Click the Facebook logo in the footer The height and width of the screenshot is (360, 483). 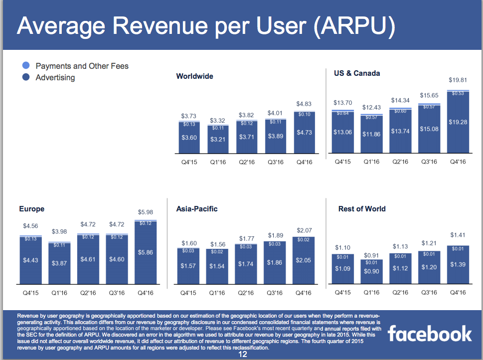pos(429,334)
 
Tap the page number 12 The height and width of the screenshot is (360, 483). pos(243,354)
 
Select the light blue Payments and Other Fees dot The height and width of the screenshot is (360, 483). pos(26,65)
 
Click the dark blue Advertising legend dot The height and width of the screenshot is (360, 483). pos(26,77)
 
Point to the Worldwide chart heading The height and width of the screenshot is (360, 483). pos(195,76)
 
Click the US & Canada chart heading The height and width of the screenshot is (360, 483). pos(357,73)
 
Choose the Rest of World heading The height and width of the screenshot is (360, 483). pos(362,208)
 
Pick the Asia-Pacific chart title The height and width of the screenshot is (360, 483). pos(197,208)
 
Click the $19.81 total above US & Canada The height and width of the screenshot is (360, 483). pos(458,80)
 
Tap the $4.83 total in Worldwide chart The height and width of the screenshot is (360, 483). pos(304,104)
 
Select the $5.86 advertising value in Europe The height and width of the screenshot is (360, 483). pos(146,252)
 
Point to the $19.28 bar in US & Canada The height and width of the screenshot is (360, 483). pos(458,123)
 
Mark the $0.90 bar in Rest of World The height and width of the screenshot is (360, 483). pos(371,272)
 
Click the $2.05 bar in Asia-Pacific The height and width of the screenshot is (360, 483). pos(304,261)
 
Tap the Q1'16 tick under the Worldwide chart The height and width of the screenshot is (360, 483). pos(218,162)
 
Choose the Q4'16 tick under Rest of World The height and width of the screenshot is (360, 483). pos(458,292)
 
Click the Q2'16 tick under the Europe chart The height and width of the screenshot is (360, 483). pos(88,293)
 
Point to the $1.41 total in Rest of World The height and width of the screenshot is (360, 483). pos(458,235)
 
